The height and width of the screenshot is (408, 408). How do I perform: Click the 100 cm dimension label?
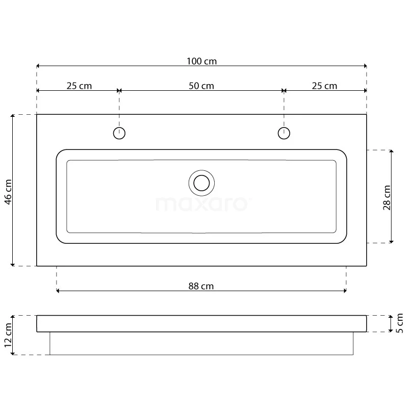click(201, 61)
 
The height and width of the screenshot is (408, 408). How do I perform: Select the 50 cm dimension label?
click(201, 86)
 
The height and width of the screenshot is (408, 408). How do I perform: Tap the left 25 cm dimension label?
click(79, 86)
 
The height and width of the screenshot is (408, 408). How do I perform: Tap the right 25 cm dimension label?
click(324, 86)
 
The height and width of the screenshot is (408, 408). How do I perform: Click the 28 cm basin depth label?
click(386, 197)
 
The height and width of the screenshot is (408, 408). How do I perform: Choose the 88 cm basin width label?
click(201, 286)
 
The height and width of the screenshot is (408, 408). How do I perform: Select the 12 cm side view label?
click(8, 335)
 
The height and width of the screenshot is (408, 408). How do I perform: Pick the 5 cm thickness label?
click(399, 323)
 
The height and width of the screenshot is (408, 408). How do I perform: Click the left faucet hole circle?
click(119, 134)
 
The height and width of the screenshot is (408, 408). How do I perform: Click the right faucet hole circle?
click(284, 134)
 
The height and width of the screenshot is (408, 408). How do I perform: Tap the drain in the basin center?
click(201, 183)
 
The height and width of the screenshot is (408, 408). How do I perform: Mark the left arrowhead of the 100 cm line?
click(39, 66)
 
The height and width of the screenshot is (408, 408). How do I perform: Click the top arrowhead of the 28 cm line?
click(391, 152)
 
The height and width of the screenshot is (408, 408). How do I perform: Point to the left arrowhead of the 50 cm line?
click(121, 91)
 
